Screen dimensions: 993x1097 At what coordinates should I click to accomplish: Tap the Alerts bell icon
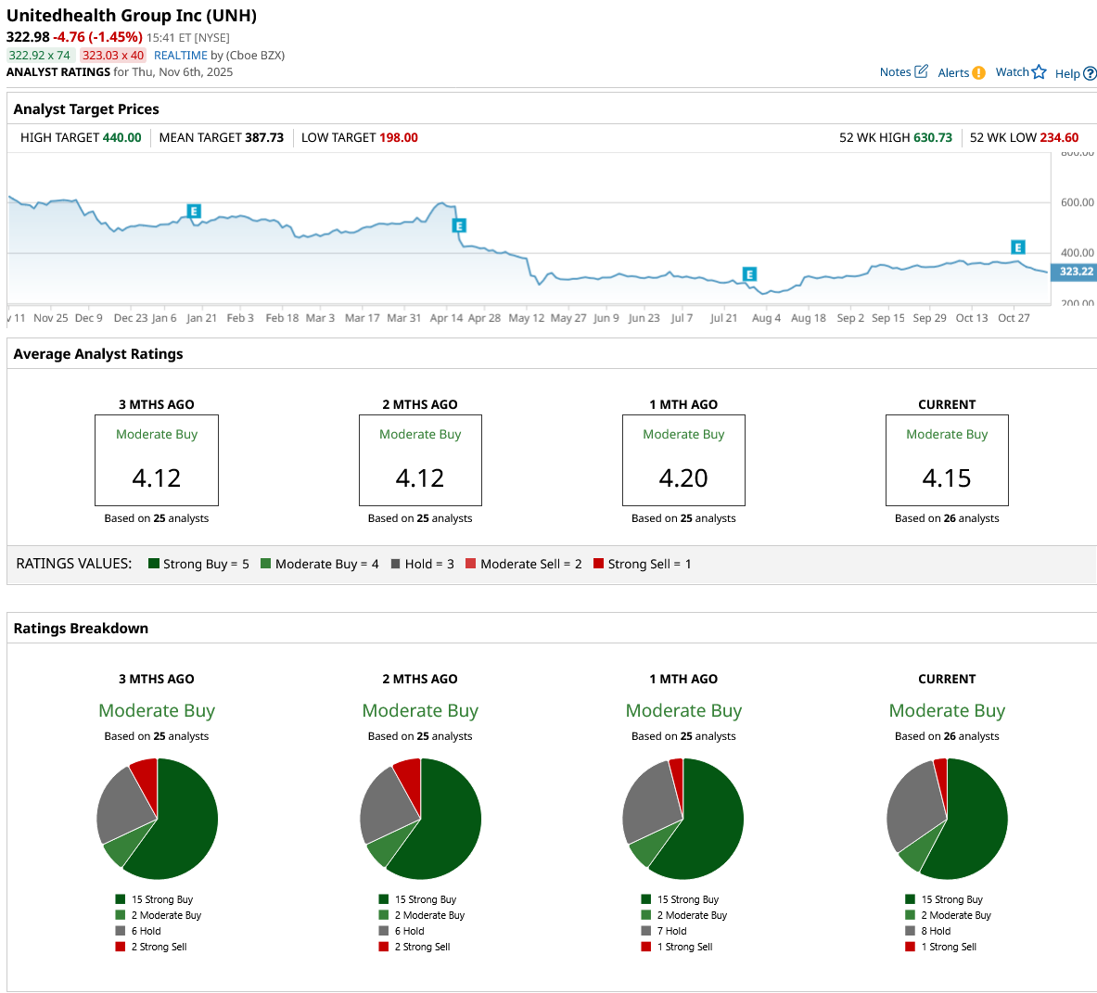(x=979, y=73)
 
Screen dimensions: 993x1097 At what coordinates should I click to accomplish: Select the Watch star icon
(x=1039, y=72)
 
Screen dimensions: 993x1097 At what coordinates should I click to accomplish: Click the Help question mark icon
(x=1090, y=74)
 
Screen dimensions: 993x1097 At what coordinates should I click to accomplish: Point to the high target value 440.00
(x=121, y=138)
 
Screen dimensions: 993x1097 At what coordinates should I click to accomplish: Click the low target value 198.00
(x=398, y=138)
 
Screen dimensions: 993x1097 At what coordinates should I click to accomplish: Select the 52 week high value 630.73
(x=932, y=138)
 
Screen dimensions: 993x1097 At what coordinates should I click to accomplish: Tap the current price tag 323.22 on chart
(x=1076, y=272)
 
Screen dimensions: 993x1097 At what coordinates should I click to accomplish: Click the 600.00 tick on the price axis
(x=1076, y=202)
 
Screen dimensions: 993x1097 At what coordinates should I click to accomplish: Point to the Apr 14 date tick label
(x=446, y=318)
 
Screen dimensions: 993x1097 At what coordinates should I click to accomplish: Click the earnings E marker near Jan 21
(x=194, y=211)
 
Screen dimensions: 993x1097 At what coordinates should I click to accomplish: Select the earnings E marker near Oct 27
(x=1017, y=248)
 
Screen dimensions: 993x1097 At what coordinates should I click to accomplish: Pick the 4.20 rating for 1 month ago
(x=683, y=478)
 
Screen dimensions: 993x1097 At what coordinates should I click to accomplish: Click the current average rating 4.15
(x=947, y=478)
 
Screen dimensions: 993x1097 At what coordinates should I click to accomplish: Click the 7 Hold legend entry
(x=671, y=931)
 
